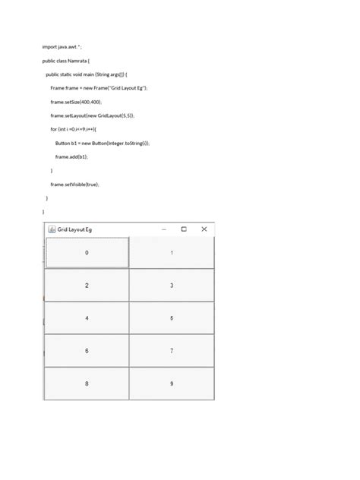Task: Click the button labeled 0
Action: (87, 252)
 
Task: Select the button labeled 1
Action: (172, 252)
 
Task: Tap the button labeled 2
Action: (87, 286)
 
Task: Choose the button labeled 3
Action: (172, 286)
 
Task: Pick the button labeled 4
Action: (87, 318)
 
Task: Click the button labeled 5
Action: (172, 318)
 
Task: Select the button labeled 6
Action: (87, 351)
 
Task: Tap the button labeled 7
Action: (172, 351)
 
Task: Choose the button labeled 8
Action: (87, 384)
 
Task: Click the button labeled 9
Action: (172, 384)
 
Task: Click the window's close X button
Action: (204, 229)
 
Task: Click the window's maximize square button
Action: (184, 229)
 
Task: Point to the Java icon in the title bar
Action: (52, 229)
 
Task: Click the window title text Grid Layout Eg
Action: (75, 229)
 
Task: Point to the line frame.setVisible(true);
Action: (75, 185)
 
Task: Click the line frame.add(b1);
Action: (71, 156)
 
